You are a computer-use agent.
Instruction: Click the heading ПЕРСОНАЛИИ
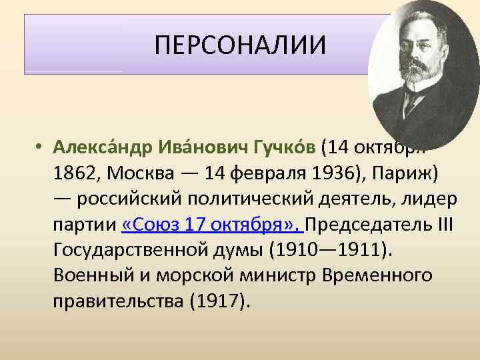point(241,45)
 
